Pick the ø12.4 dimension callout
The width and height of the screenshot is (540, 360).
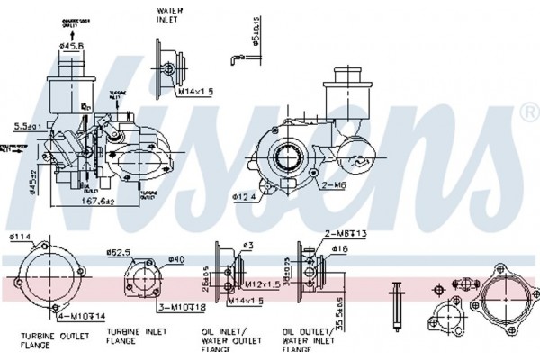244,195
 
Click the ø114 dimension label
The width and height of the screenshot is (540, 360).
19,238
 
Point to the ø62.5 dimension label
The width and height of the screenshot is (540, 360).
119,253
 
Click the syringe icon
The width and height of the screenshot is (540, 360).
395,306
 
